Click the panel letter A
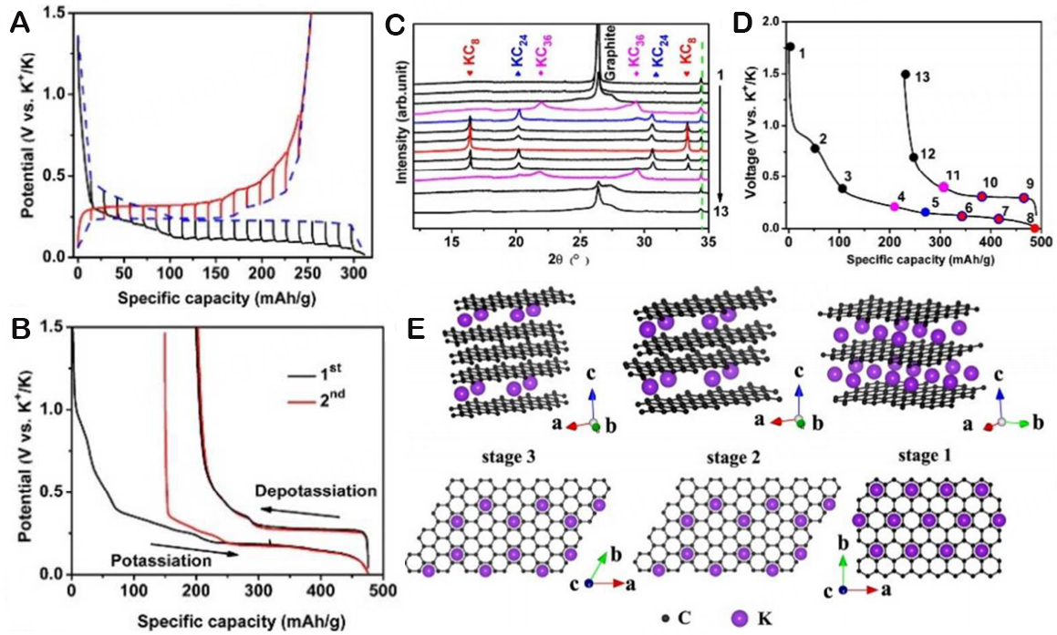click(16, 25)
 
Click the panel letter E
click(416, 327)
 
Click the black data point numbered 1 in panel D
click(790, 46)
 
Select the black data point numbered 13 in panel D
click(905, 75)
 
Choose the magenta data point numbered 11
click(944, 187)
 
